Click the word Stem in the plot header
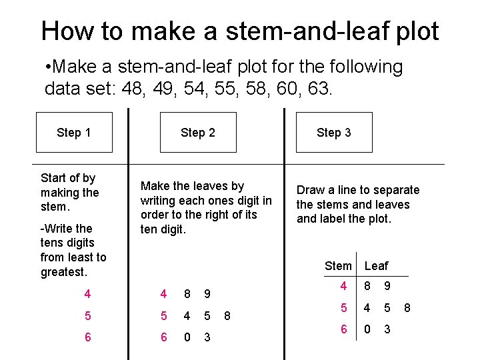tap(338, 266)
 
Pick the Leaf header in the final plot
tap(376, 266)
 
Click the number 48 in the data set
tap(132, 88)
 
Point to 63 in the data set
tap(318, 88)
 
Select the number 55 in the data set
tap(225, 88)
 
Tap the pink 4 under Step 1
tap(87, 294)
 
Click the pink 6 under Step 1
tap(88, 337)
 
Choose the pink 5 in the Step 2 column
tap(164, 315)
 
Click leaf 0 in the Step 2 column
tap(187, 337)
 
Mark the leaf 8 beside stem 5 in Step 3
tap(407, 307)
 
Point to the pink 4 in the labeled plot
tap(343, 286)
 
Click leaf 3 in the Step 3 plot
tap(387, 329)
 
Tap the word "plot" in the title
tap(417, 31)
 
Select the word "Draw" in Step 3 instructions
tap(311, 190)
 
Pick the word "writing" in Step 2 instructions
tap(157, 201)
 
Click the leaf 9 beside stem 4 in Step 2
tap(207, 294)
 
